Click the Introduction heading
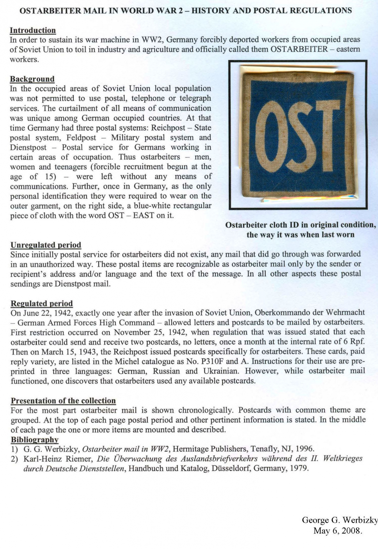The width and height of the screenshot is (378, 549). click(33, 30)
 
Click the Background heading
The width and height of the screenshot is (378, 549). click(32, 79)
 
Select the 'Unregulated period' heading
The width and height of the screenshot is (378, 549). click(46, 245)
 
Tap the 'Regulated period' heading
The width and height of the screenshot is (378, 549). click(41, 303)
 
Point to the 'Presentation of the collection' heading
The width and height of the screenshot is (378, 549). click(63, 401)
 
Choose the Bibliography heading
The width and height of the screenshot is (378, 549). click(34, 440)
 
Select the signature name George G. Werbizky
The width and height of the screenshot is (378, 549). click(340, 520)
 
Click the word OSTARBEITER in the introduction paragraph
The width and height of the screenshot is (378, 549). click(299, 49)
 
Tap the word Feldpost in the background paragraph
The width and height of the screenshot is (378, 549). click(81, 138)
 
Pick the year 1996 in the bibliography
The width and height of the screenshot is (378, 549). click(304, 449)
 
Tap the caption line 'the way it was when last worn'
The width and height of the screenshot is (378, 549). click(300, 235)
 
